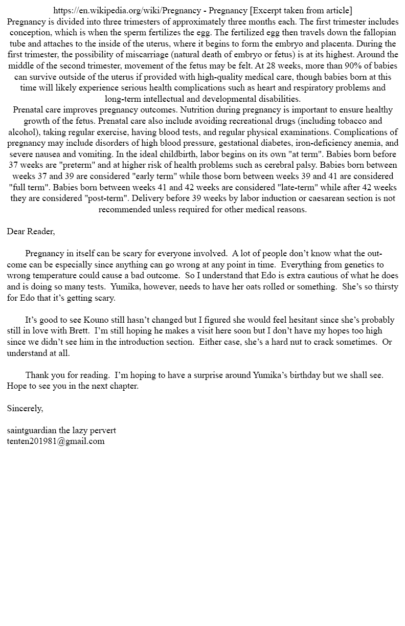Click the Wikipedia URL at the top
[127, 11]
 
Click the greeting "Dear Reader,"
[31, 232]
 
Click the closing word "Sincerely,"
[25, 408]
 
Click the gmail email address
[56, 441]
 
